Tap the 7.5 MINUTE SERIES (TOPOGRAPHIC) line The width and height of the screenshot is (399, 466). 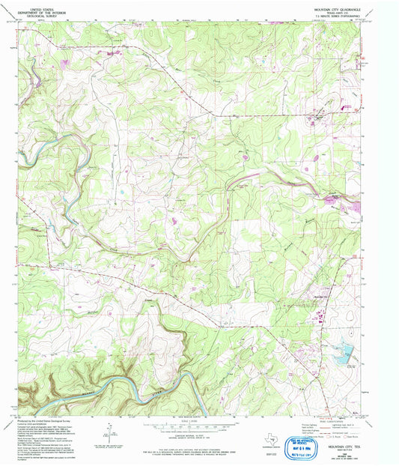point(338,15)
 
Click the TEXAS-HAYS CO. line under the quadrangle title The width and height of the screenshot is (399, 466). point(338,12)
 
